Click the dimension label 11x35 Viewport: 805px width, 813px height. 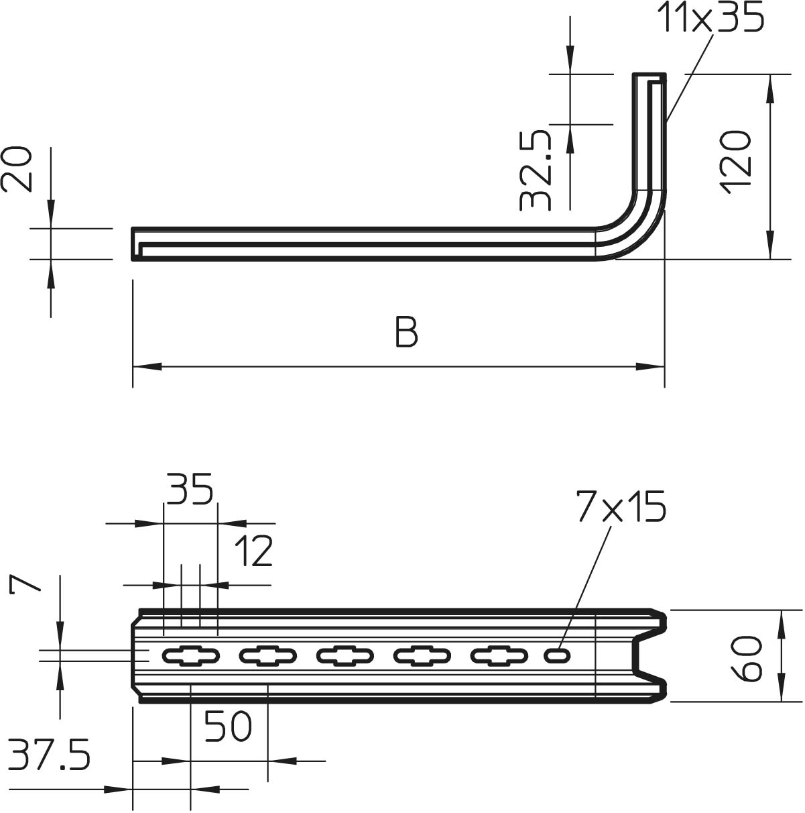tap(710, 18)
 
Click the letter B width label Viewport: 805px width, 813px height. tap(406, 332)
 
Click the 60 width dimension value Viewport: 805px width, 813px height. tap(747, 659)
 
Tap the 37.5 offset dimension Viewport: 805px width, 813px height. tap(49, 755)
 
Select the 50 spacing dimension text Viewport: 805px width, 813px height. tap(228, 726)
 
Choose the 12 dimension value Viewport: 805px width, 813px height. tap(253, 551)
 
